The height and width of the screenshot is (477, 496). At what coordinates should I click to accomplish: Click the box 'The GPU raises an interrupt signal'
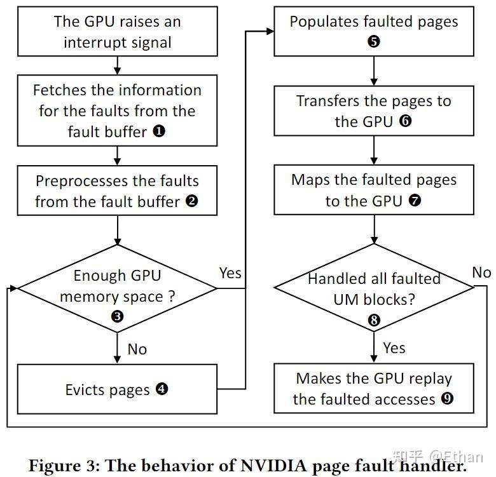117,32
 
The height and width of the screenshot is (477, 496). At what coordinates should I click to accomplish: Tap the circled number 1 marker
158,131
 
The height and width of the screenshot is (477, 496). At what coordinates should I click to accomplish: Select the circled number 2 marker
192,201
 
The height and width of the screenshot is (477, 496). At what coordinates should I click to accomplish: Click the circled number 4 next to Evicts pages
162,389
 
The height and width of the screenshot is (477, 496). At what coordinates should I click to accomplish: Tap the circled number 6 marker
405,121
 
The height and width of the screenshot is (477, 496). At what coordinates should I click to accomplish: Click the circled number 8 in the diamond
374,320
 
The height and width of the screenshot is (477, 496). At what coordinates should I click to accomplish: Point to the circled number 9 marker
447,399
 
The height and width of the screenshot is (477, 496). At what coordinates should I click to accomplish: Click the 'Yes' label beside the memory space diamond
230,272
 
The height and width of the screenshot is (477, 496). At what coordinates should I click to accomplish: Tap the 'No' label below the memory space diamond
137,349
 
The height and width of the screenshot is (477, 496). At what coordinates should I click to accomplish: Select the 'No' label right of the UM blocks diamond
481,272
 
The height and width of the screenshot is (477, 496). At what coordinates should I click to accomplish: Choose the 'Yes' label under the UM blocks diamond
394,347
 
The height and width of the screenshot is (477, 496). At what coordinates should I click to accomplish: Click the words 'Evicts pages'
107,389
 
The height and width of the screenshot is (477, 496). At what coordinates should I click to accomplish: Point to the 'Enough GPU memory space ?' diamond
117,288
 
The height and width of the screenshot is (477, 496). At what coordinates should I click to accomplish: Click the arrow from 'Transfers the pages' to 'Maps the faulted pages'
374,150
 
